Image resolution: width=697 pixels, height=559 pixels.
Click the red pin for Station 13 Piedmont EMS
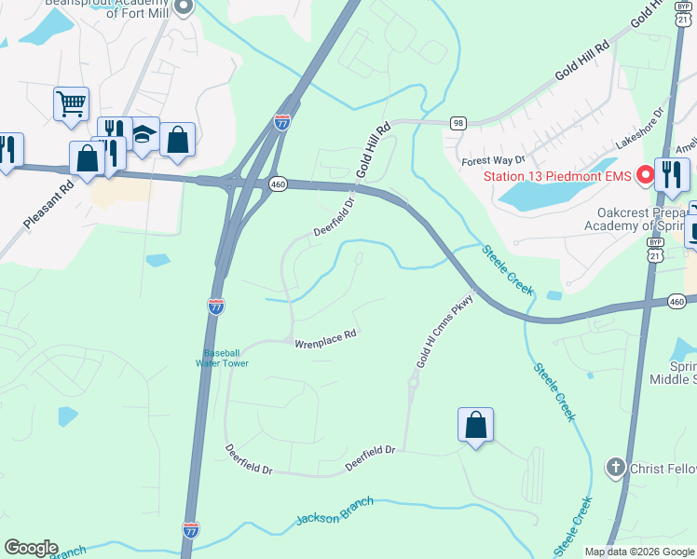pyautogui.click(x=642, y=175)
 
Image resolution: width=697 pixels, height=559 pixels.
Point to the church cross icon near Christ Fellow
pyautogui.click(x=614, y=467)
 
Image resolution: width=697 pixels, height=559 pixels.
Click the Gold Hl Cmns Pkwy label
pyautogui.click(x=446, y=331)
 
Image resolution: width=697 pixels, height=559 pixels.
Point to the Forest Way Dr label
pyautogui.click(x=494, y=161)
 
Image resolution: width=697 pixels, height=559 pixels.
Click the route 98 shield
pyautogui.click(x=457, y=122)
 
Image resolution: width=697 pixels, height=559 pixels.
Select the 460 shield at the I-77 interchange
pyautogui.click(x=279, y=185)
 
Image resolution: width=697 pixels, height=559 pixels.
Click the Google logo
pyautogui.click(x=31, y=547)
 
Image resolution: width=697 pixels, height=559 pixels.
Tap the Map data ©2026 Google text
pyautogui.click(x=638, y=552)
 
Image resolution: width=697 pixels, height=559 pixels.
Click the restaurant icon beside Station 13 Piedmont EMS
pyautogui.click(x=672, y=173)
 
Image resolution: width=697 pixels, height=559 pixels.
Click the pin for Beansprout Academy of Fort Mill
pyautogui.click(x=184, y=7)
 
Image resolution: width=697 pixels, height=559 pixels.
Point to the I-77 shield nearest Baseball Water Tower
pyautogui.click(x=215, y=306)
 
